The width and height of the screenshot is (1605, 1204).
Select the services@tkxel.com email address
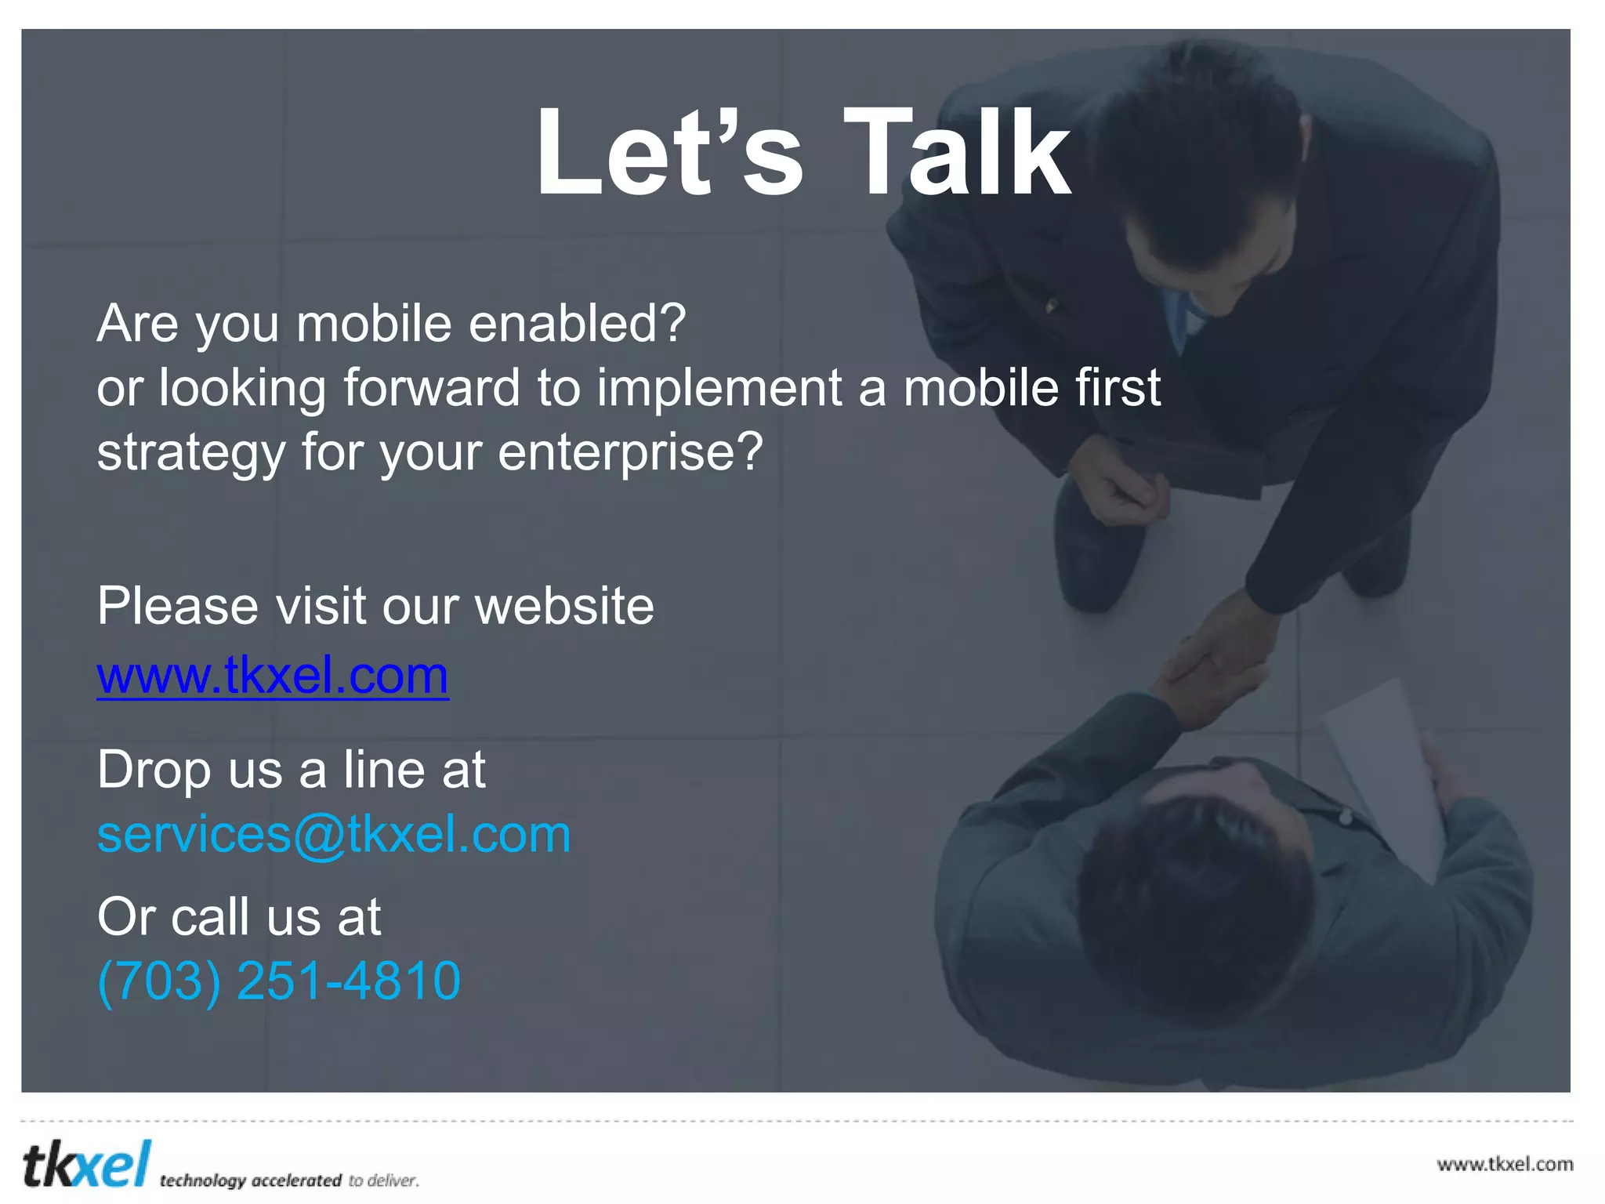click(334, 834)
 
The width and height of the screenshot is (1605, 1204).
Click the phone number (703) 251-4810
click(279, 980)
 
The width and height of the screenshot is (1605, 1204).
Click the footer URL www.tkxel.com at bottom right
click(1505, 1164)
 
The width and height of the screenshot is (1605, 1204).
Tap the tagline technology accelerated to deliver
click(289, 1180)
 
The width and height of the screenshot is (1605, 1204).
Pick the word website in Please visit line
click(564, 606)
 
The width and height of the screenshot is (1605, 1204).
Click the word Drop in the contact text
click(154, 770)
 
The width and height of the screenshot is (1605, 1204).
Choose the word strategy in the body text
click(190, 452)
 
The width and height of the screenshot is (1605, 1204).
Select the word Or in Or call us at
click(125, 916)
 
